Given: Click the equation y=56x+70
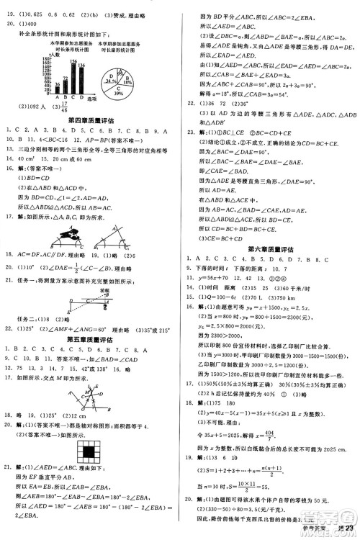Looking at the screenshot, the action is click(x=213, y=277).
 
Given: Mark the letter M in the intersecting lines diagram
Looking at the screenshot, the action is click(x=86, y=392).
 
